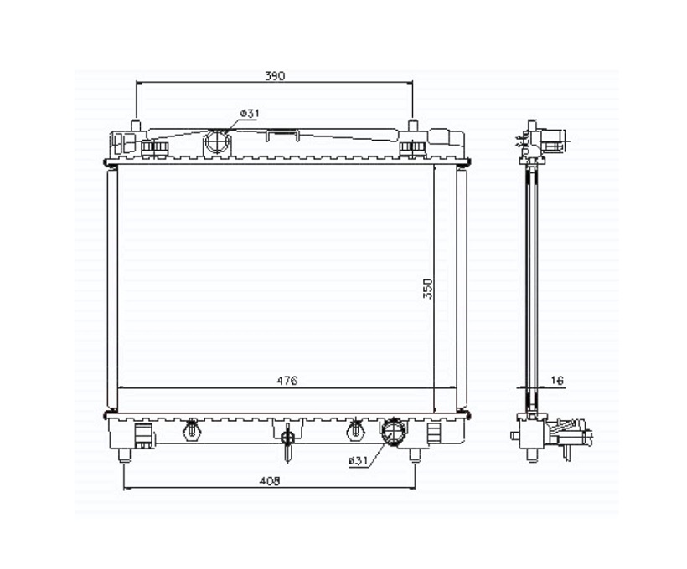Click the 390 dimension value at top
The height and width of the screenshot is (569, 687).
pos(275,75)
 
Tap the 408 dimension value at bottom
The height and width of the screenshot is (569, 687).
pos(270,481)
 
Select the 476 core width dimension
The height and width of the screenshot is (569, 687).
pos(287,381)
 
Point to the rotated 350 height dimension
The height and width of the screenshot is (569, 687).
pos(427,289)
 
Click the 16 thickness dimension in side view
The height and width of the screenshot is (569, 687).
pos(556,381)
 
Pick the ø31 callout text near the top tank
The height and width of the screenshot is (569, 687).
pos(250,113)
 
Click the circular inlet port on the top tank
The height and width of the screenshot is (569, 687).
pos(217,141)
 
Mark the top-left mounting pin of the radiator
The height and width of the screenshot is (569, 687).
pos(137,126)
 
